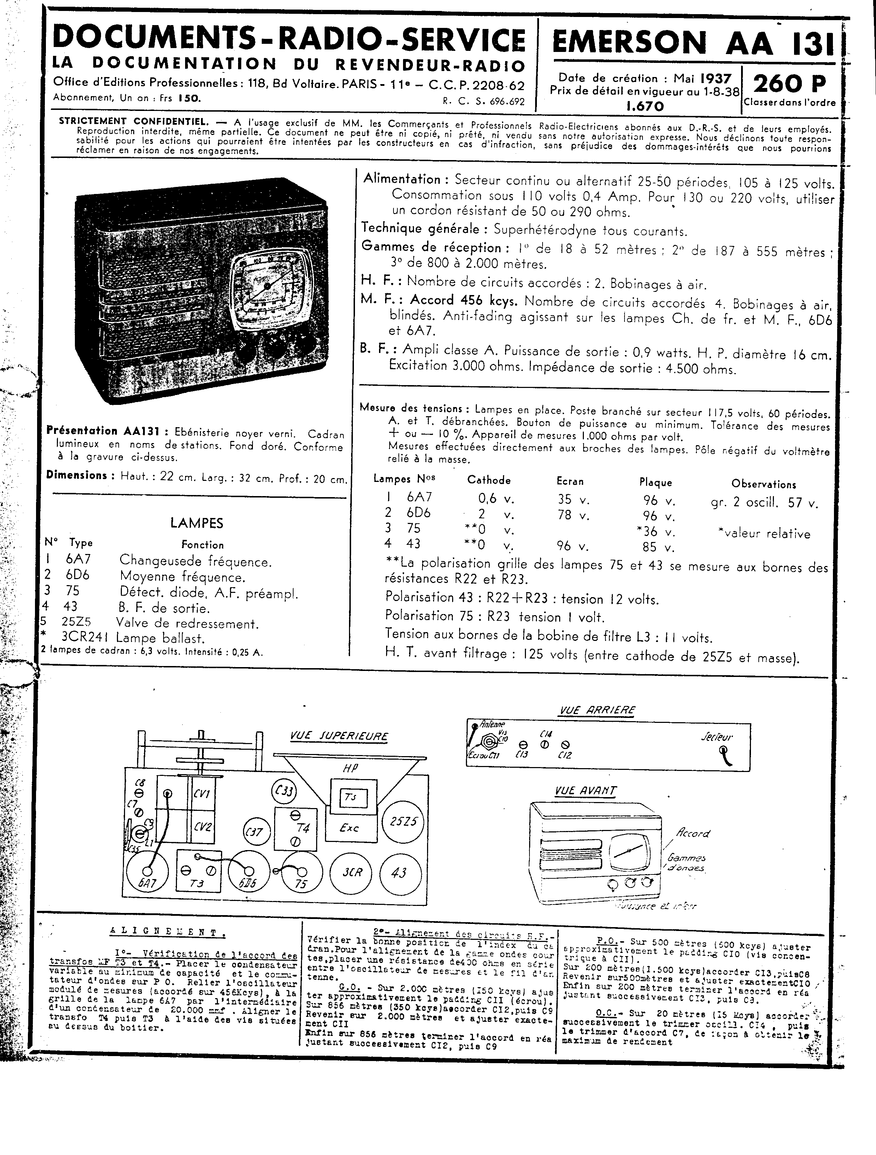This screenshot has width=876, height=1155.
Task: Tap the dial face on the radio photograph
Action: (x=267, y=287)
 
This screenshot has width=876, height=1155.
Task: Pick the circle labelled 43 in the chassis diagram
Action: (x=399, y=872)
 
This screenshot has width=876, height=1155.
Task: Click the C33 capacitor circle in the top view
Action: (x=284, y=790)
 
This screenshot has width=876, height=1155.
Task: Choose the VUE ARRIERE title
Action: (x=597, y=710)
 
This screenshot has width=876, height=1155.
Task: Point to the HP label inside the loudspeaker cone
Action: (x=350, y=768)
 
